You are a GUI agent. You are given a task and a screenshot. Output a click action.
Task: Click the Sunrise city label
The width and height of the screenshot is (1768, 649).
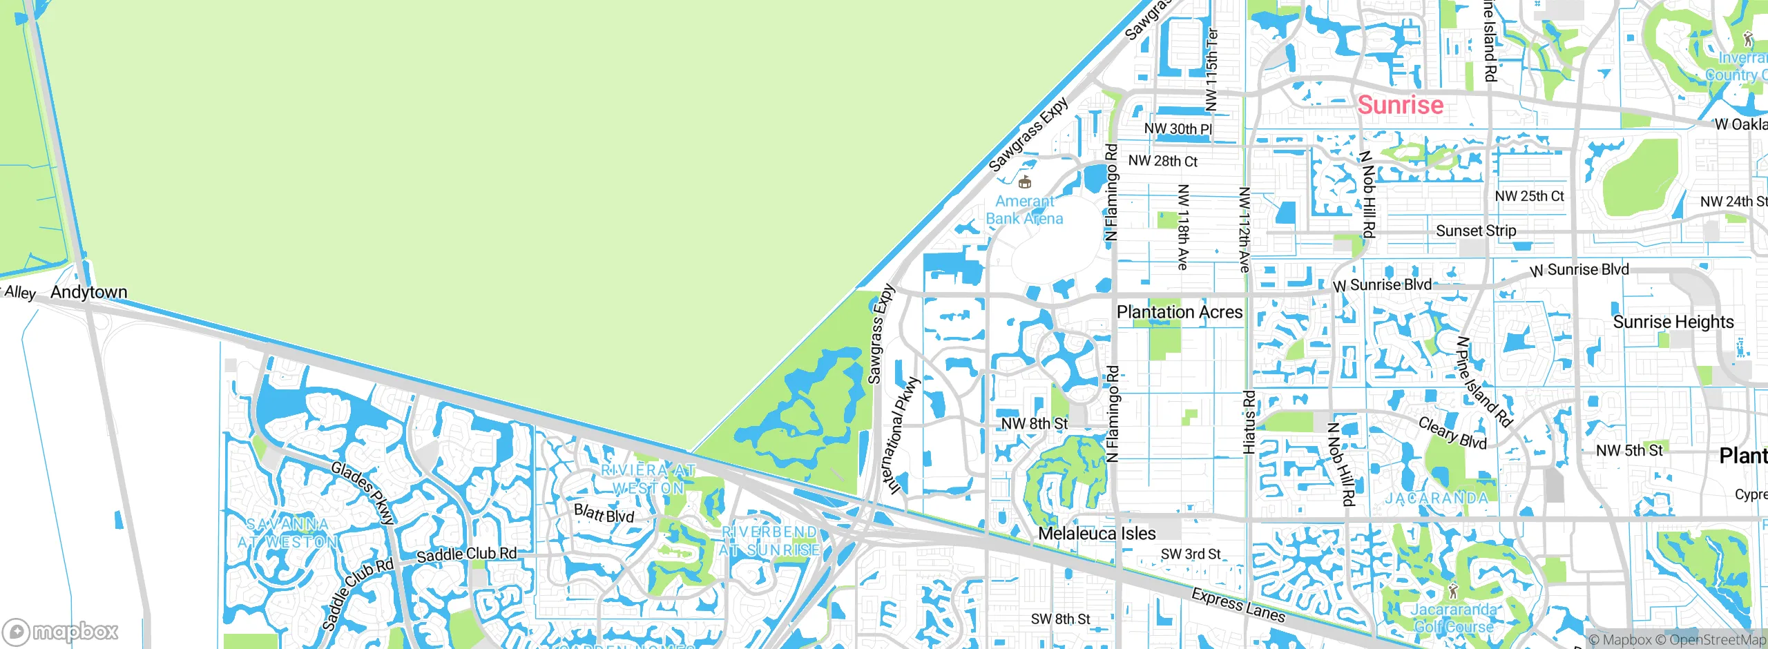click(1400, 105)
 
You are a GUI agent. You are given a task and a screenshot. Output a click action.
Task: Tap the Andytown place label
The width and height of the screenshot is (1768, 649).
click(89, 292)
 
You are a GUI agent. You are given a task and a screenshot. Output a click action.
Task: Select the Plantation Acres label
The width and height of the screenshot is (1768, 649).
click(1180, 312)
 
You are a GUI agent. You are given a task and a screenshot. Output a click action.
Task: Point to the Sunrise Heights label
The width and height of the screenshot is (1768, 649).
click(1673, 322)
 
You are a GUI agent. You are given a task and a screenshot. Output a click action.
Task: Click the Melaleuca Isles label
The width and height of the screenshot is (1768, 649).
click(1097, 533)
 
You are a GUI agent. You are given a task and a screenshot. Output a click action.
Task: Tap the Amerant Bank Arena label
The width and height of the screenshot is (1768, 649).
click(1024, 210)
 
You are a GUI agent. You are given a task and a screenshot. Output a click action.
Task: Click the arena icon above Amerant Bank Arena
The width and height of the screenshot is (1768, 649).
click(1024, 182)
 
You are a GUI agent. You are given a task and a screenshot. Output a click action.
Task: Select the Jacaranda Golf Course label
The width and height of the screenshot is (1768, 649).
click(1453, 618)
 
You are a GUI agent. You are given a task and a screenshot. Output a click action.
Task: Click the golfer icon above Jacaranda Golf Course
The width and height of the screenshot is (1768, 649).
click(1453, 591)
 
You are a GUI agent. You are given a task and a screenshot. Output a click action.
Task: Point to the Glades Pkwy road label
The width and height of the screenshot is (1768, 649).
click(363, 493)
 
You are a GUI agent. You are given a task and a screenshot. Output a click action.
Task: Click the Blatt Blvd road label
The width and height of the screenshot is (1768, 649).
click(604, 513)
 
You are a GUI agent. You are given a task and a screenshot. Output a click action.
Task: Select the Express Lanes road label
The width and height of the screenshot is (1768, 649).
click(1238, 606)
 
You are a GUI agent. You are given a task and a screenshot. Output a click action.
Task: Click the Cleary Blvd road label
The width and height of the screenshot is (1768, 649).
click(1452, 433)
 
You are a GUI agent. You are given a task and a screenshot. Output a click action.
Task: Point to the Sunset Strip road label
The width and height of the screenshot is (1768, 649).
click(1476, 231)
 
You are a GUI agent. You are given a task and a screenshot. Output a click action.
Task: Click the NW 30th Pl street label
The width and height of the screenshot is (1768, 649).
click(1178, 128)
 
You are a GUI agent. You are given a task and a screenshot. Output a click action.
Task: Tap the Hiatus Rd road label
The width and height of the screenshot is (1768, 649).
click(1249, 423)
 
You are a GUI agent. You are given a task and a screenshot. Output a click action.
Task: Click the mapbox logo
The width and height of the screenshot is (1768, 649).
click(61, 631)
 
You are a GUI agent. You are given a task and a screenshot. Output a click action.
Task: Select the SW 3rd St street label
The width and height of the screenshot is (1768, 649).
click(1191, 554)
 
